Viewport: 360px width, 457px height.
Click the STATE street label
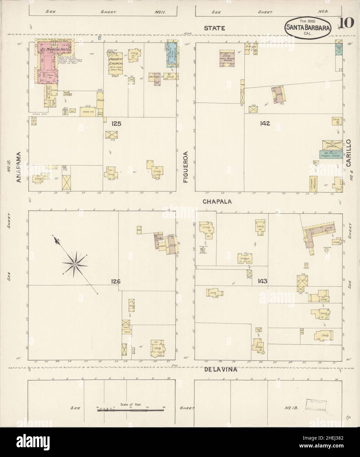coord(214,28)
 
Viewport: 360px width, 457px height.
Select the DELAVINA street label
coord(216,370)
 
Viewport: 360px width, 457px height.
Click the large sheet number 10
coord(345,23)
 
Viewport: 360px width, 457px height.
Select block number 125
coord(116,124)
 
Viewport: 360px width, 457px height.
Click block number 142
coord(264,124)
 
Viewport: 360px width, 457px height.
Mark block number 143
coord(262,281)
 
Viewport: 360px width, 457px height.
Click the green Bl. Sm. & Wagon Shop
coord(330,154)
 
